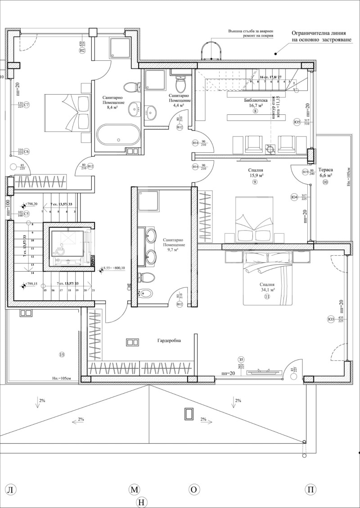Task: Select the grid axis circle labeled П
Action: point(310,490)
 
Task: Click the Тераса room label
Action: point(325,170)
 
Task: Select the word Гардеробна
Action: point(169,341)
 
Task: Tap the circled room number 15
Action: point(62,355)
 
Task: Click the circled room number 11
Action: point(267,297)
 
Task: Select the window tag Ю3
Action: point(331,320)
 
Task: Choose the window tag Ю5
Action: point(297,122)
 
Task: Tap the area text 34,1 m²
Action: point(267,290)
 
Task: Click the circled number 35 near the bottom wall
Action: point(242,359)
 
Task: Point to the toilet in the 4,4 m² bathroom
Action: point(180,84)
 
